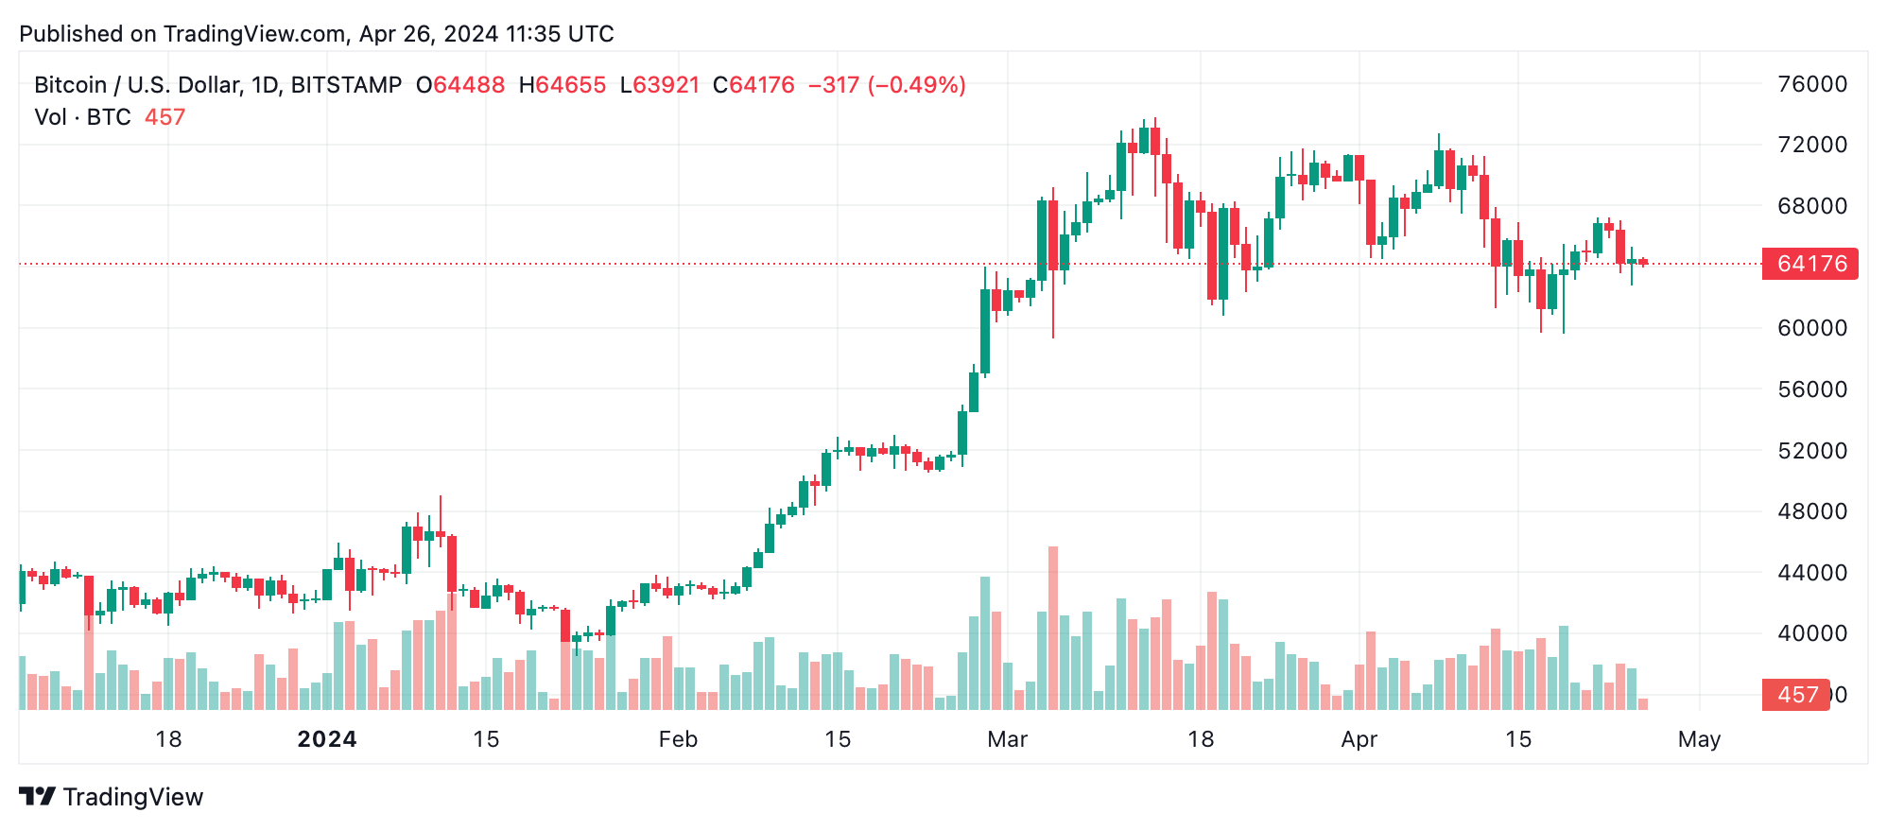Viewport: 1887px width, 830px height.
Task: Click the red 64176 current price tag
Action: click(1809, 264)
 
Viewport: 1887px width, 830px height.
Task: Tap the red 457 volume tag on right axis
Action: click(1795, 695)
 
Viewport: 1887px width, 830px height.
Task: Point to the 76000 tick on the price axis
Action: click(1811, 84)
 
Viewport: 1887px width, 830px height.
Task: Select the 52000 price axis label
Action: click(1811, 451)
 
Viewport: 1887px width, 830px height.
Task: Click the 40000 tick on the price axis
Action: click(1811, 633)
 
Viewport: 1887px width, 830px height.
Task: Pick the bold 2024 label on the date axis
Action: click(327, 739)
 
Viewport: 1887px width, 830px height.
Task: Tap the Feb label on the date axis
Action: click(678, 739)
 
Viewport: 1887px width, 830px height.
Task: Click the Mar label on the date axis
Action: click(1007, 739)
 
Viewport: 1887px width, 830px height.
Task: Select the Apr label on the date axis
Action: click(1359, 739)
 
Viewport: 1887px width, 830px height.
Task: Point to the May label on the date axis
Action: click(1699, 739)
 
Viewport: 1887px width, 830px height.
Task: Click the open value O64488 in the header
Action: click(460, 85)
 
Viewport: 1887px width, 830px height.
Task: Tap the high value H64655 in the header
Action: click(563, 85)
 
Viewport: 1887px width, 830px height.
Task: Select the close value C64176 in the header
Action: click(753, 85)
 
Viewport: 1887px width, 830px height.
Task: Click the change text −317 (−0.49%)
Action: click(887, 85)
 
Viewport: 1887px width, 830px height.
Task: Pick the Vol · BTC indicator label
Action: click(82, 117)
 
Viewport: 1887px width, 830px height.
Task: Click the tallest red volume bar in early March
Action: click(1053, 628)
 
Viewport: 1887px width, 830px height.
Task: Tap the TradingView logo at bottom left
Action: click(112, 797)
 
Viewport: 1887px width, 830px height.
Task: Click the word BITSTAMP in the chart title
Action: click(346, 85)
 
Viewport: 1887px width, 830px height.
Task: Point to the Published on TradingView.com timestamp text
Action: click(317, 34)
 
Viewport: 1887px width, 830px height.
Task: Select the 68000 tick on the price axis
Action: click(1811, 206)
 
